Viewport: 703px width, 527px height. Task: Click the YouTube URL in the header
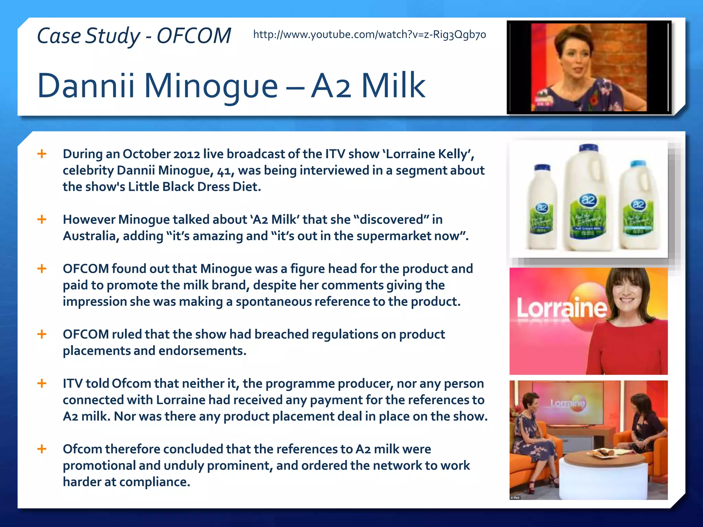click(369, 35)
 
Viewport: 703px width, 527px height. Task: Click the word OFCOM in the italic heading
click(194, 36)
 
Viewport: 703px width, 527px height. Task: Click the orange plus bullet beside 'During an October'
click(42, 154)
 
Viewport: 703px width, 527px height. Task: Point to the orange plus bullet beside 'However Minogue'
click(42, 219)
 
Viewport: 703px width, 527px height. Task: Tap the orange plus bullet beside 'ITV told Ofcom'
click(42, 383)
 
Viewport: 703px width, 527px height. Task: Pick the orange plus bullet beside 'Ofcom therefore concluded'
click(42, 449)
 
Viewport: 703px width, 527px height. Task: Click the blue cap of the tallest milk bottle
click(589, 148)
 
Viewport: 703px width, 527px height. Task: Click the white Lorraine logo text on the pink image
click(561, 308)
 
